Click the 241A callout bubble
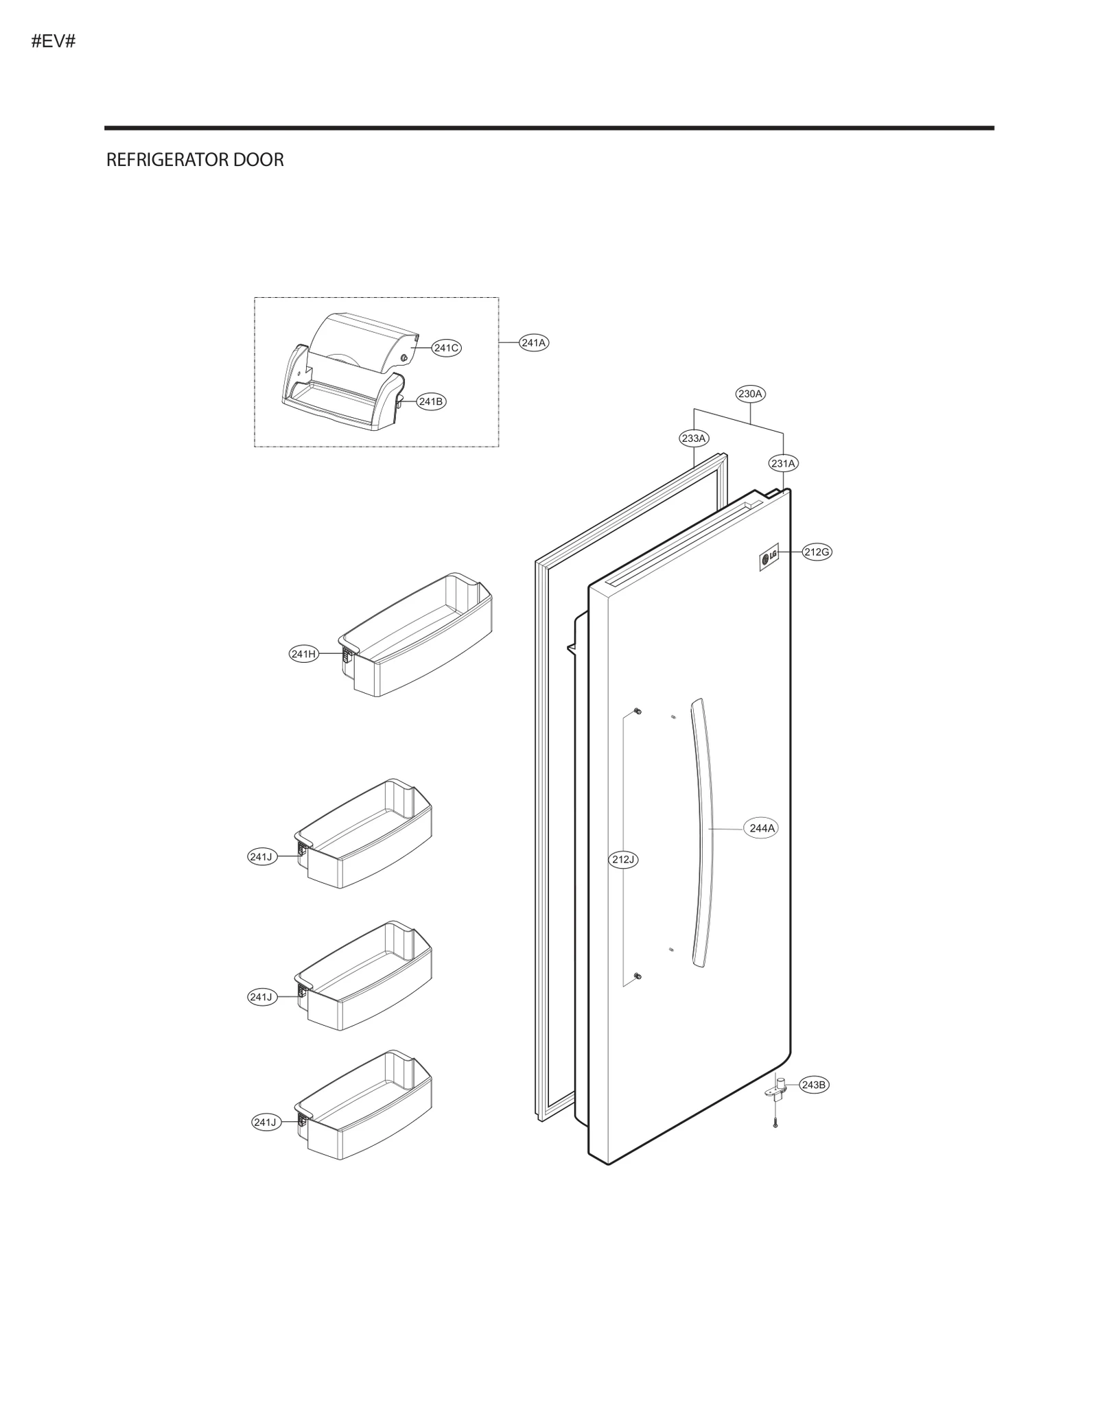click(x=533, y=342)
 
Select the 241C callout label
click(x=445, y=348)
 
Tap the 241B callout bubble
click(x=430, y=401)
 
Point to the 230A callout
click(x=749, y=394)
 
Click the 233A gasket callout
click(x=693, y=438)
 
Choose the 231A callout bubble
click(x=783, y=463)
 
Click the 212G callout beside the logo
click(x=817, y=552)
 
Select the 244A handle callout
click(x=762, y=828)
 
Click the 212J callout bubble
click(x=624, y=859)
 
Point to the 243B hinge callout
click(x=813, y=1085)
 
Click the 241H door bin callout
click(x=303, y=654)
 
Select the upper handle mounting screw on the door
click(x=638, y=710)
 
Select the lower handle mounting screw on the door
click(x=638, y=976)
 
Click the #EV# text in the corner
click(x=53, y=41)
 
